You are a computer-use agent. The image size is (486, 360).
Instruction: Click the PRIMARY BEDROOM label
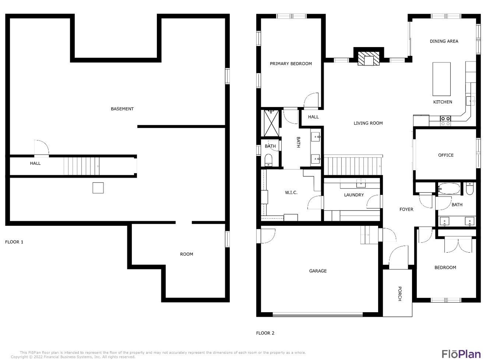[290, 64]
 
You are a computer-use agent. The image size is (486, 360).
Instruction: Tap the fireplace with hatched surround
[368, 58]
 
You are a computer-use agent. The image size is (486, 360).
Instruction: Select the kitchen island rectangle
[441, 79]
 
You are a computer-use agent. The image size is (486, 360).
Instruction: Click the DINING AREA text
[444, 41]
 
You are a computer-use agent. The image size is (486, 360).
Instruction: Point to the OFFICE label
[446, 155]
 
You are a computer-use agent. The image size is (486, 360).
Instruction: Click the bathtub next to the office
[449, 189]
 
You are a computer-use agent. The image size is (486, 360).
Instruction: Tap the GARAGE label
[318, 271]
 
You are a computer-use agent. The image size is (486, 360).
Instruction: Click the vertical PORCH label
[399, 294]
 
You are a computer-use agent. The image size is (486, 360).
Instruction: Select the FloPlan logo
[461, 354]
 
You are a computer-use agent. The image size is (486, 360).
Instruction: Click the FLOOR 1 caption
[14, 242]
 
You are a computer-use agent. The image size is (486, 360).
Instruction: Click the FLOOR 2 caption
[265, 333]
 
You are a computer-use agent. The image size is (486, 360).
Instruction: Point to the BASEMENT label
[122, 109]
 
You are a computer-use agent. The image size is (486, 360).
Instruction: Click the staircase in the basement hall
[82, 166]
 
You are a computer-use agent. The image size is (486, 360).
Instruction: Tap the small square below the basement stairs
[98, 188]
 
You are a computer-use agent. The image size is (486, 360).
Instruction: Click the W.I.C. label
[291, 193]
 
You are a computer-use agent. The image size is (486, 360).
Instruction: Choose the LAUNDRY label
[354, 195]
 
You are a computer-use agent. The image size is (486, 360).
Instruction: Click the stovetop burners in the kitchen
[445, 121]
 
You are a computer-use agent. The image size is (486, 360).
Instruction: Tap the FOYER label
[406, 209]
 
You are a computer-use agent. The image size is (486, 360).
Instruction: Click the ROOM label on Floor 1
[186, 254]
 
